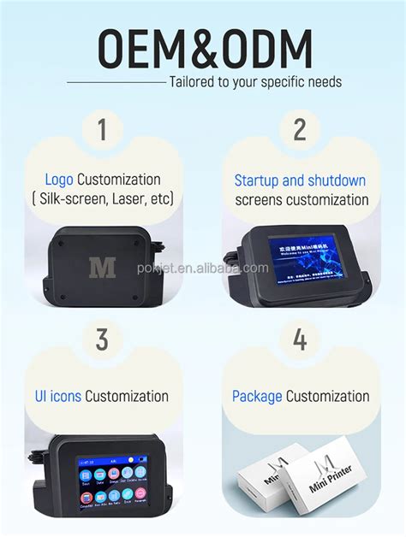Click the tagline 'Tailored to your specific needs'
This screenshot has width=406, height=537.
coord(255,82)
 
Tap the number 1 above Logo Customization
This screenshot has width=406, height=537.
coord(103,131)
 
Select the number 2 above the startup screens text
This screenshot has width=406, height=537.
coord(300,131)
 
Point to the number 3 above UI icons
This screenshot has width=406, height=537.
coord(102,339)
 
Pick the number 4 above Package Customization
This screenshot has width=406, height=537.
coord(300,339)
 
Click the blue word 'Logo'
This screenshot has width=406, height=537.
coord(60,180)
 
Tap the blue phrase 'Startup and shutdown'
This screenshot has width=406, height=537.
coord(300,180)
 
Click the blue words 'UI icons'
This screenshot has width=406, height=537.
coord(58,396)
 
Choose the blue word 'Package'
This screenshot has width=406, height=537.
coord(257,396)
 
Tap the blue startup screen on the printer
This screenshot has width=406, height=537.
coord(306,257)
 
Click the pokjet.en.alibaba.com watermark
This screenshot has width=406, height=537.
coord(203,268)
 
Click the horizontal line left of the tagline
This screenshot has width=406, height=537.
coord(116,82)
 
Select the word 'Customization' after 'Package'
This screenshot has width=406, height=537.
coord(328,396)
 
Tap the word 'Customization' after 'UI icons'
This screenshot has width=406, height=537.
coord(126,396)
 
